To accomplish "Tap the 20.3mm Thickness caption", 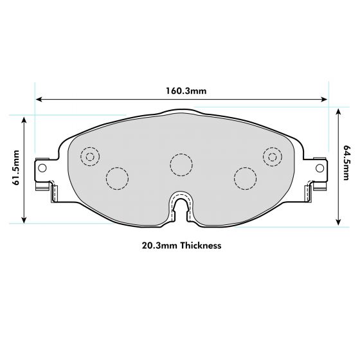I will coord(181,246).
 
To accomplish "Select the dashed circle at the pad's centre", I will coord(181,163).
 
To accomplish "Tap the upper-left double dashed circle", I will coord(90,156).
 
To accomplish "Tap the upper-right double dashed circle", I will coord(273,156).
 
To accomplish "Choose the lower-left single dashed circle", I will coord(116,177).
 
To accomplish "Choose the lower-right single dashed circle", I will coord(245,177).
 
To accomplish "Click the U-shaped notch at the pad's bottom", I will coord(181,207).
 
